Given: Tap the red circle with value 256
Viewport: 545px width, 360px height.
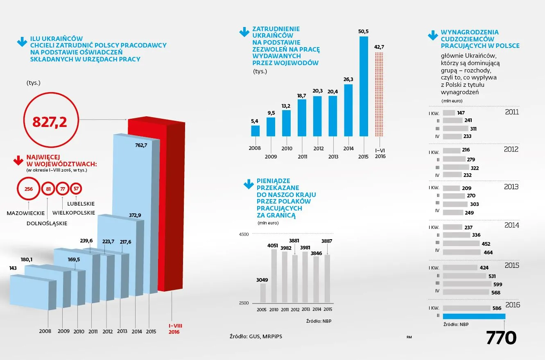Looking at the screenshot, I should point(28,189).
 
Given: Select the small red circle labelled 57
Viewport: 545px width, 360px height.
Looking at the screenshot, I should point(76,189).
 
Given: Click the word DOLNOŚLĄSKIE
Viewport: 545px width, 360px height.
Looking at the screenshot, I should point(47,223).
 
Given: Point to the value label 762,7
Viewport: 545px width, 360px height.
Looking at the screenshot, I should point(140,145).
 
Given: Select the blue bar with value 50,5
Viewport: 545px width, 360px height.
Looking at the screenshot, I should point(364,86).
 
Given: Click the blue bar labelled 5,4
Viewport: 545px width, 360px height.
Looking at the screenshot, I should point(255,131).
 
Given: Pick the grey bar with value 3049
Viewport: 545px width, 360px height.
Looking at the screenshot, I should point(262,293).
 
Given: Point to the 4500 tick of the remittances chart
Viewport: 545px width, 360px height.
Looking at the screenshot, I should point(244,234).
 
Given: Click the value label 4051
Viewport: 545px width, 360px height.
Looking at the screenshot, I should point(273,245).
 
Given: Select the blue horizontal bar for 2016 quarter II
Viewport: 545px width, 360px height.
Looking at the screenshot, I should point(474,316).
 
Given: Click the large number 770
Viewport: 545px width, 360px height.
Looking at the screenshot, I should point(501,338).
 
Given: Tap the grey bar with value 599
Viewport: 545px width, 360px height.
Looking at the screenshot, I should point(467,284).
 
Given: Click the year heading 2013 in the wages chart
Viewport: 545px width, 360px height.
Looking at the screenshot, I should point(511,187).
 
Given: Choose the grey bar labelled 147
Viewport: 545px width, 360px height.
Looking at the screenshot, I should point(449,113).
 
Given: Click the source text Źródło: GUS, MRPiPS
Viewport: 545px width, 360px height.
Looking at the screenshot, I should point(256,336).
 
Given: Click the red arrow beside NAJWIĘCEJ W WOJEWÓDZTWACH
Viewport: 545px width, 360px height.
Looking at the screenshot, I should point(18,160).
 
